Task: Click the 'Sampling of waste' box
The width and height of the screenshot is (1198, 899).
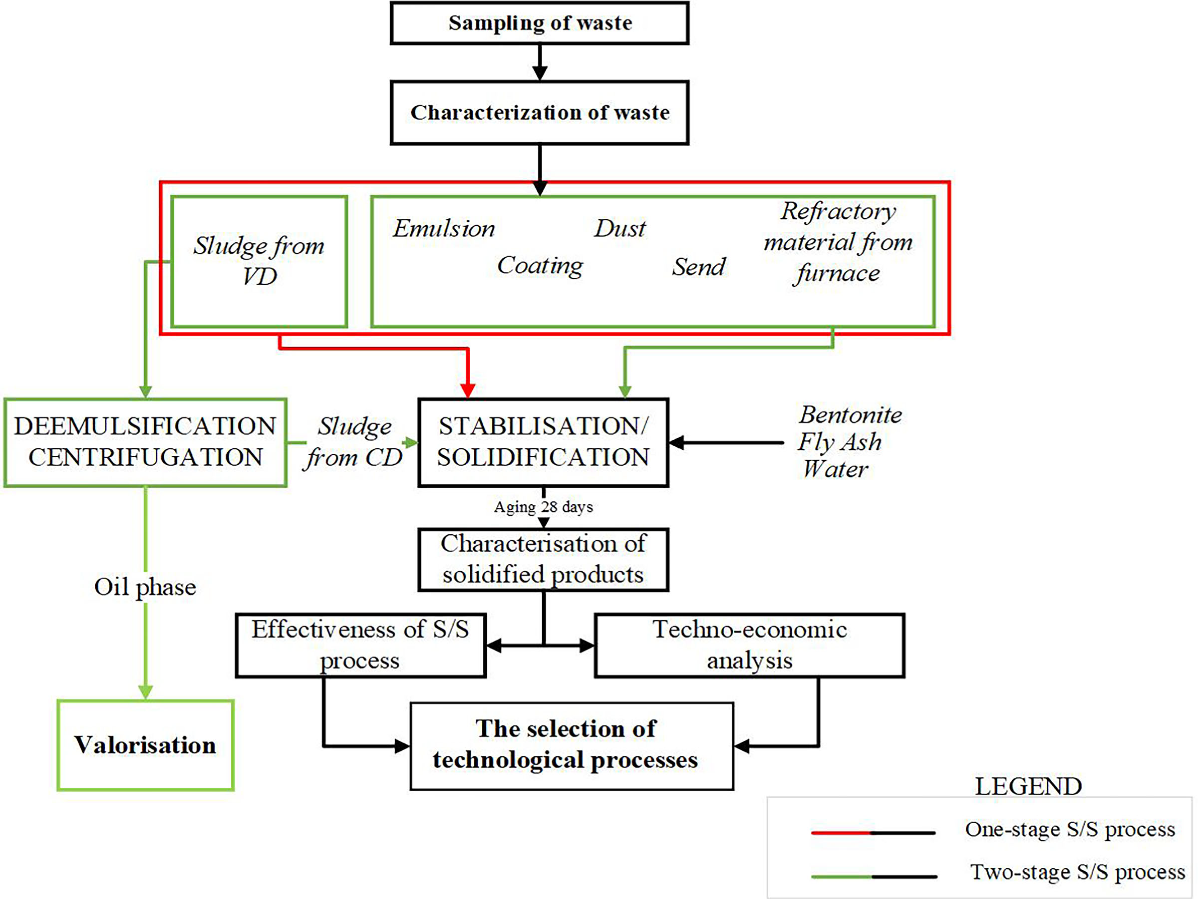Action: (539, 23)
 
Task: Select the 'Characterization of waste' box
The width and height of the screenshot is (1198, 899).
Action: (539, 113)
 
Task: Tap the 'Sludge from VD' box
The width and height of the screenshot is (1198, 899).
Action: (259, 261)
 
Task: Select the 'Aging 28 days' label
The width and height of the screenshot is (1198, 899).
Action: (543, 507)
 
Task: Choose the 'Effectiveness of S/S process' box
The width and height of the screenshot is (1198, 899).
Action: (360, 645)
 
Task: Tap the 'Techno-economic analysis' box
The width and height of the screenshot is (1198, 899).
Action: (749, 645)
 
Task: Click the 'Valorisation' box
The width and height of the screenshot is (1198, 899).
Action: (145, 745)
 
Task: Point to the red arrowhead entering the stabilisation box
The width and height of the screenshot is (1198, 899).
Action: (467, 390)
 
